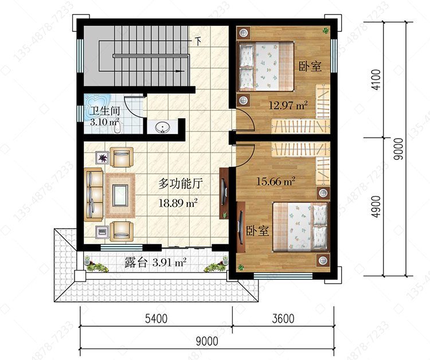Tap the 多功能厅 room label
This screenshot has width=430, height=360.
181,183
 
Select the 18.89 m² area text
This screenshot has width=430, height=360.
178,203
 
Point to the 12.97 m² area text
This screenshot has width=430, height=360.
288,105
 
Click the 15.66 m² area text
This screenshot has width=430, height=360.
275,181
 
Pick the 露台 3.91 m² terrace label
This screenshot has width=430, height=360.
155,263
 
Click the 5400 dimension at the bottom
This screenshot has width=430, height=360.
156,319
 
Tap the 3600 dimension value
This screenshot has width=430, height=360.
283,319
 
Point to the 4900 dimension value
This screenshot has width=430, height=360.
377,207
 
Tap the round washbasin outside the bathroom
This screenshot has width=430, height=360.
163,127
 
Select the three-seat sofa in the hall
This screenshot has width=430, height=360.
93,195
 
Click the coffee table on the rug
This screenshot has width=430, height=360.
120,195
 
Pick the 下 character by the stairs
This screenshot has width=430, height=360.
198,41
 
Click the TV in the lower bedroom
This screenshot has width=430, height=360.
241,227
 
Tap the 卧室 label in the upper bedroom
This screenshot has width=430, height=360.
310,66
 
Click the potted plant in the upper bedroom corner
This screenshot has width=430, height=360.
326,30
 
